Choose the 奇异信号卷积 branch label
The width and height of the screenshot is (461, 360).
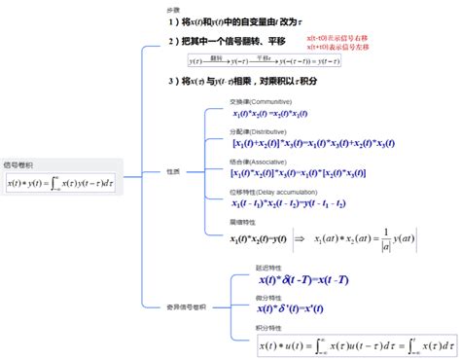[188, 306]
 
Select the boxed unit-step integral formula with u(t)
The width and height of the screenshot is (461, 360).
[357, 344]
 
